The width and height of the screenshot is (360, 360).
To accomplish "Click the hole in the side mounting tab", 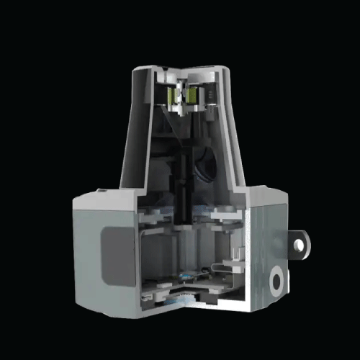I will (299, 245).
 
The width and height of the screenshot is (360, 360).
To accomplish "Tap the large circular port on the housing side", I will (277, 279).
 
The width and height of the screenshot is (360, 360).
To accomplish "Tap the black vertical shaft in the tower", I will (183, 180).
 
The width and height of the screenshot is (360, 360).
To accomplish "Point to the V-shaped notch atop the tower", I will (181, 73).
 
